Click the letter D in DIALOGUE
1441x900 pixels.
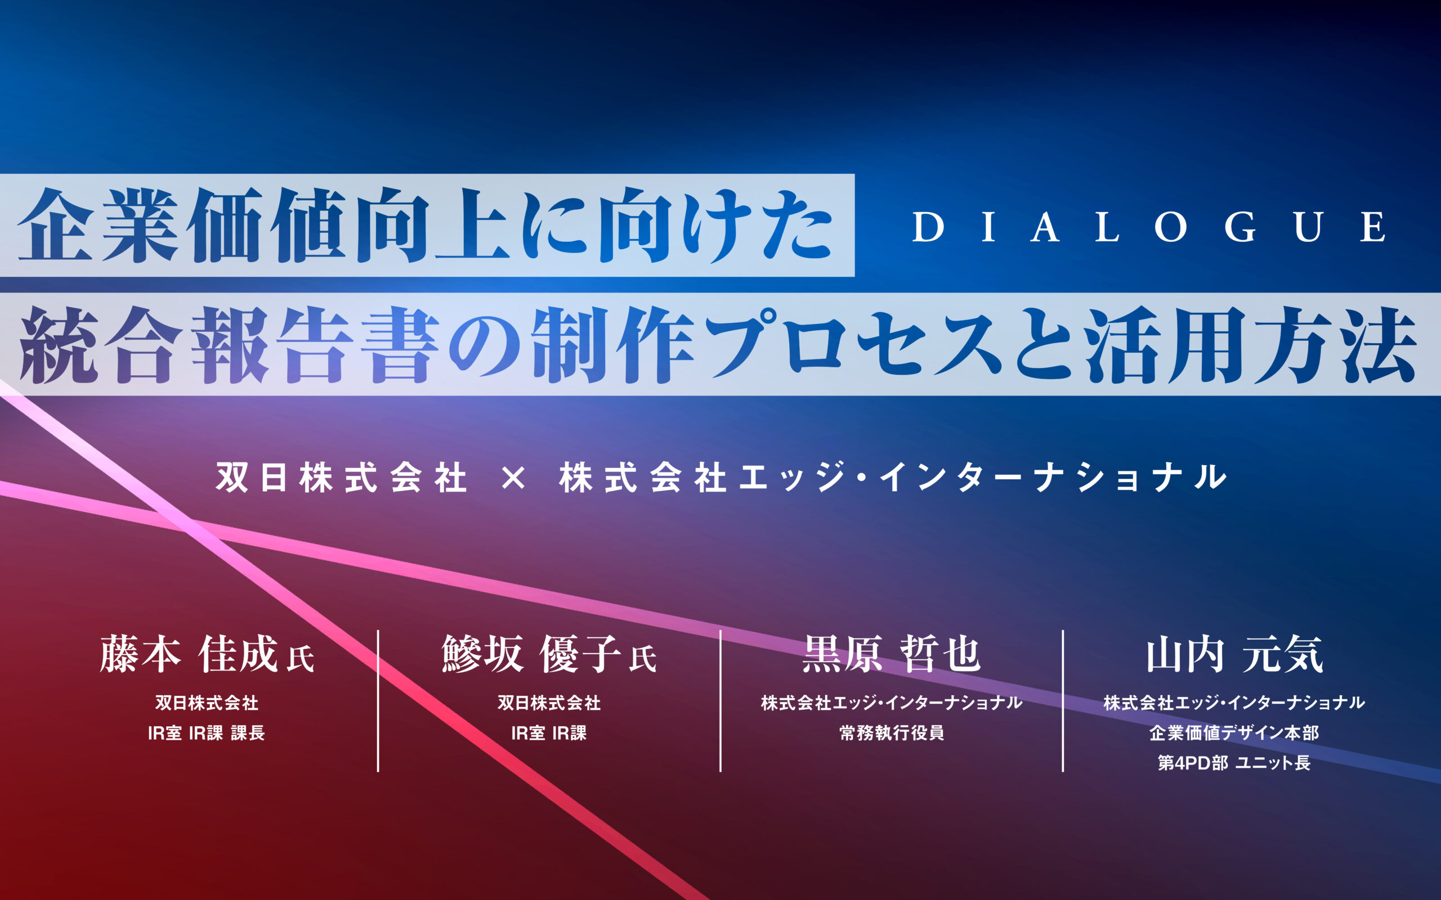(928, 227)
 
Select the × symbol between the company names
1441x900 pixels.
(513, 478)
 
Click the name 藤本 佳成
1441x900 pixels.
(189, 654)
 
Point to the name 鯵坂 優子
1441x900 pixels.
(531, 654)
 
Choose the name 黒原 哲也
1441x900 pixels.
(892, 654)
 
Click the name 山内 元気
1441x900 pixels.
(1234, 654)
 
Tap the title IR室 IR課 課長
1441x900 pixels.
(206, 733)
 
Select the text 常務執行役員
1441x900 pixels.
(892, 733)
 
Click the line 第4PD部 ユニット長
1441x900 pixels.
(1234, 763)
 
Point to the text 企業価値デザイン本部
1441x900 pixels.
(1234, 733)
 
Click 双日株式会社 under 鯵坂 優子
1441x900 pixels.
(548, 703)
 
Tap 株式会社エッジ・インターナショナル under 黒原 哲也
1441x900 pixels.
(892, 703)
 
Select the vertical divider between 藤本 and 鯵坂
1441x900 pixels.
(378, 701)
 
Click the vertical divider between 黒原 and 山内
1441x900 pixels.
(1063, 701)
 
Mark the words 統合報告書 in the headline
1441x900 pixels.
(229, 345)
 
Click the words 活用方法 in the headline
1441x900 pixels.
(1249, 345)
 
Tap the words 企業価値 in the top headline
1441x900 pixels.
(182, 226)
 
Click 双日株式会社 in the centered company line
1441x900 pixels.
(341, 478)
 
